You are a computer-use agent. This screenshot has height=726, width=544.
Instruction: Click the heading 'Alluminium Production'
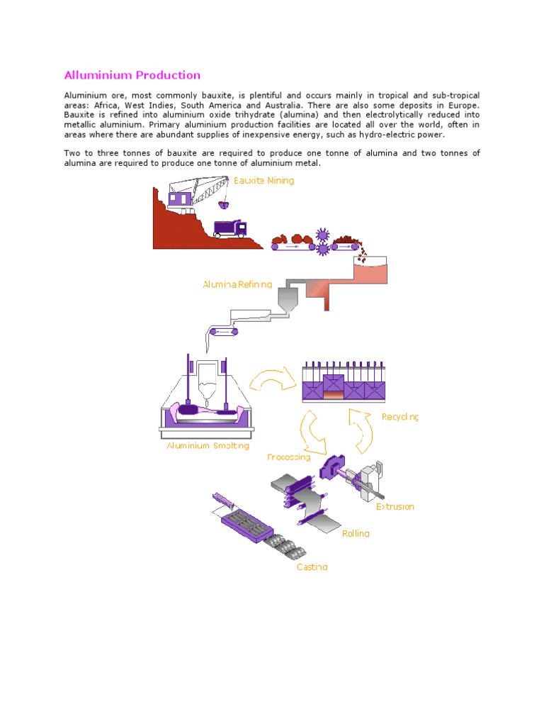pyautogui.click(x=132, y=75)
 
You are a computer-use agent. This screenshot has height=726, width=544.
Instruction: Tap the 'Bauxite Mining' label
pyautogui.click(x=263, y=181)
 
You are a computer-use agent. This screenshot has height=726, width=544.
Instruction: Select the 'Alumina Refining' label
pyautogui.click(x=237, y=284)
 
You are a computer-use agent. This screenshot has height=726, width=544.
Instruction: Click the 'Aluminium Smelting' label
pyautogui.click(x=208, y=446)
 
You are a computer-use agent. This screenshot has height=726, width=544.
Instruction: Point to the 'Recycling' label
pyautogui.click(x=400, y=417)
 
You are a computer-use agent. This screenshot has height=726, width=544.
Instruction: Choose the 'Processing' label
pyautogui.click(x=288, y=457)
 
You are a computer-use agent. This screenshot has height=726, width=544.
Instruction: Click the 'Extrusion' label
pyautogui.click(x=395, y=507)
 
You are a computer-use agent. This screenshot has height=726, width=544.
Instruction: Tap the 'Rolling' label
pyautogui.click(x=356, y=533)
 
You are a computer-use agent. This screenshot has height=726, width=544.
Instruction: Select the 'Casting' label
pyautogui.click(x=312, y=567)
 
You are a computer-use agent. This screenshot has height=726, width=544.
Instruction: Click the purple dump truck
pyautogui.click(x=230, y=228)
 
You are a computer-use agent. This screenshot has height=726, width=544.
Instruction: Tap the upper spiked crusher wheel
pyautogui.click(x=323, y=234)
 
